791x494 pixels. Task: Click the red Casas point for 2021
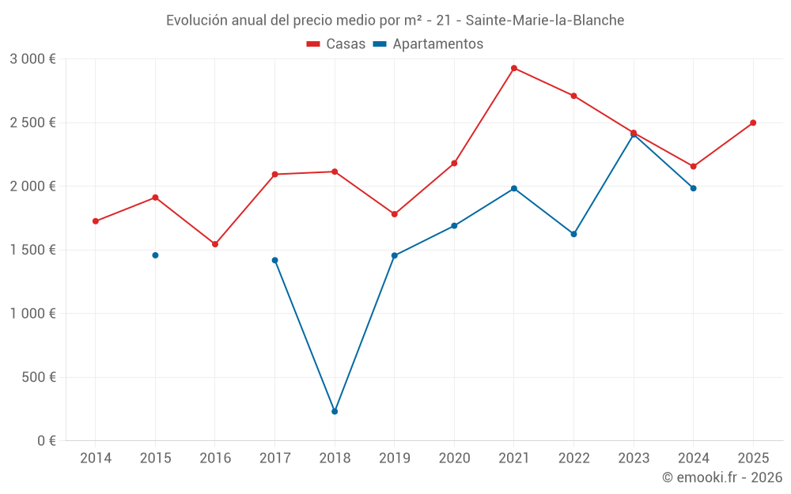point(514,68)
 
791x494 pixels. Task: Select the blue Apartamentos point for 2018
point(335,411)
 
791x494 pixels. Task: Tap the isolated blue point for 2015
point(155,255)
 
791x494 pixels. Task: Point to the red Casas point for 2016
point(215,244)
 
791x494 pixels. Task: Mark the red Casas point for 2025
point(753,123)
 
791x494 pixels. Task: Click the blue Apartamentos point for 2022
point(573,234)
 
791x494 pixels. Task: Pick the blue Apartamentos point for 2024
point(693,188)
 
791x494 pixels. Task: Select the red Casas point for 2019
point(394,214)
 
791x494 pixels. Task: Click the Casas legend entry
point(336,44)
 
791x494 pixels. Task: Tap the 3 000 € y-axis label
point(32,59)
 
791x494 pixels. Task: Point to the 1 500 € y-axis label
point(32,250)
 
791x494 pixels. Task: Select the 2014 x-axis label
point(96,458)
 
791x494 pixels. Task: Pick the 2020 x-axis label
point(454,458)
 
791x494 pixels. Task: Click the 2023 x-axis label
point(634,458)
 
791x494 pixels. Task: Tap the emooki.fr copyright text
point(721,477)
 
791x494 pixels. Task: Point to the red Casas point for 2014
point(96,221)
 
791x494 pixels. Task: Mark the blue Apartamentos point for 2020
point(454,226)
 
